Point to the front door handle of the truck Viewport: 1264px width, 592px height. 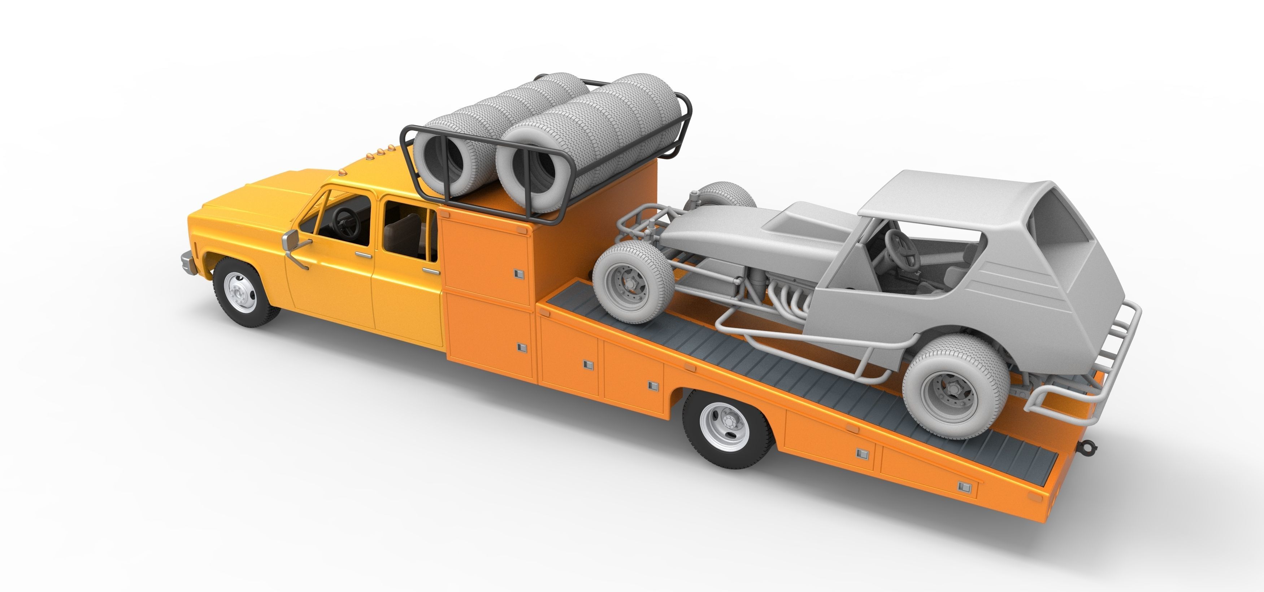pyautogui.click(x=363, y=255)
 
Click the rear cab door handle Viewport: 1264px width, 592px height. pyautogui.click(x=431, y=271)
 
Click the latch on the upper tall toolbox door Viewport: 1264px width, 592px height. pyautogui.click(x=519, y=274)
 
